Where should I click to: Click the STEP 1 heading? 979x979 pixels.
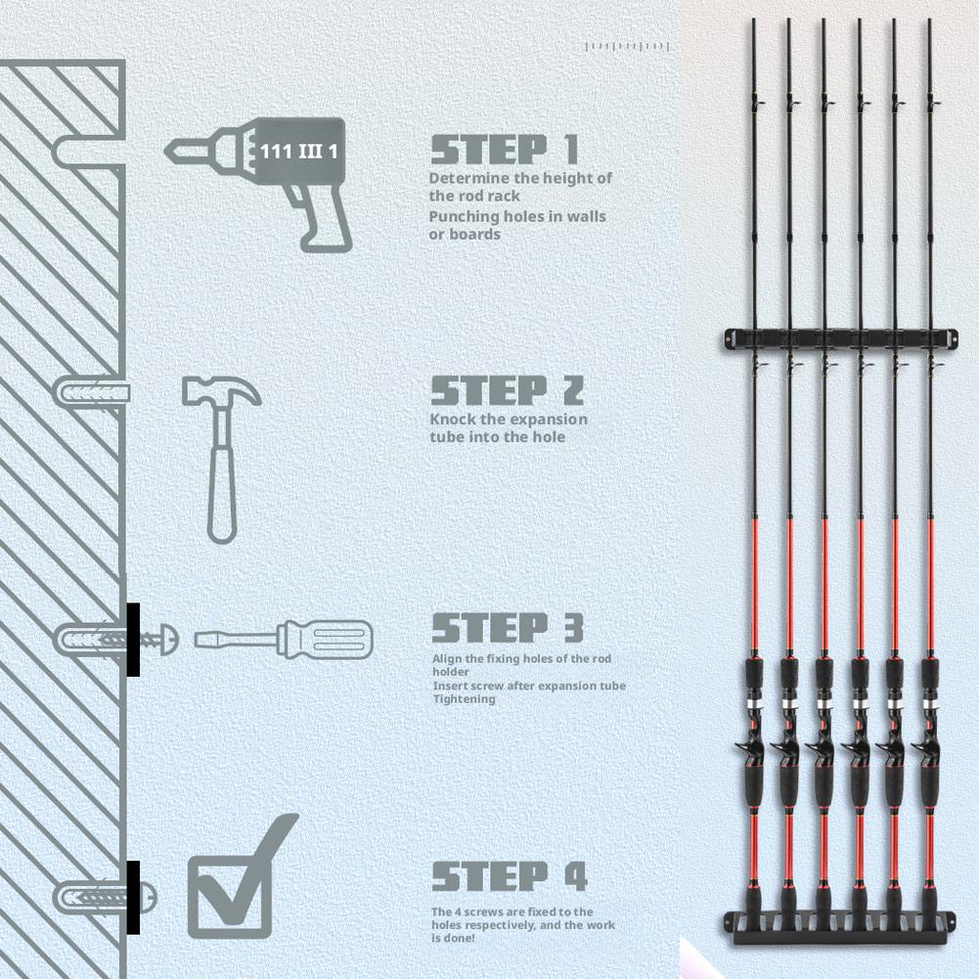tap(505, 150)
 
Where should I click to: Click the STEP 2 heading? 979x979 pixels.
tap(507, 391)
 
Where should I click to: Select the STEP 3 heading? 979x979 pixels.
tap(508, 628)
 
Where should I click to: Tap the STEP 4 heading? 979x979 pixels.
tap(510, 875)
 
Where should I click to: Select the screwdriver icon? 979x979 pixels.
tap(284, 640)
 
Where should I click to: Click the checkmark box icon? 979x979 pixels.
tap(241, 877)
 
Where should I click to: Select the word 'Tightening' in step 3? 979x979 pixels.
tap(464, 699)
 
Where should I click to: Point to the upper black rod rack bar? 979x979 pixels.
tap(842, 337)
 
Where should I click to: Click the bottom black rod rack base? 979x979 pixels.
tap(840, 927)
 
